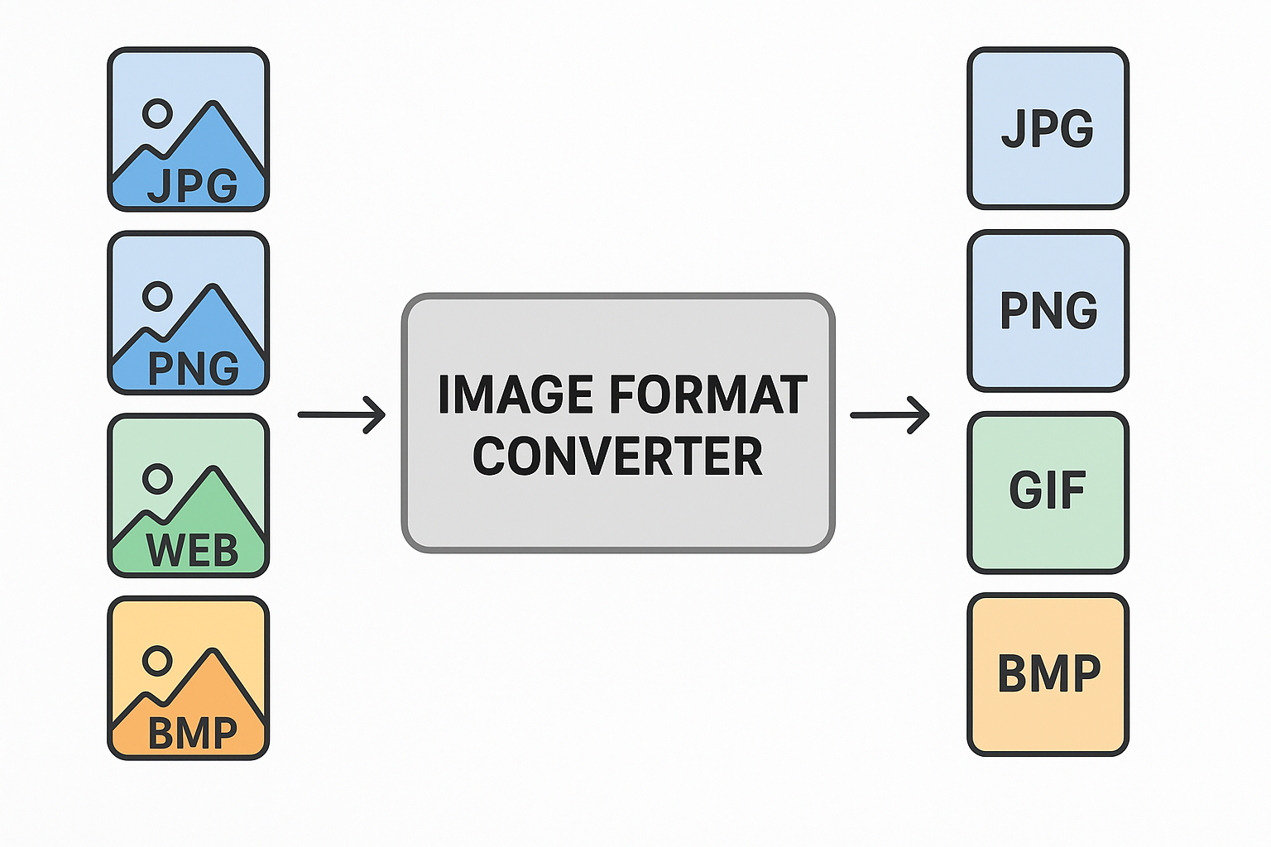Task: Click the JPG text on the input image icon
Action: tap(193, 185)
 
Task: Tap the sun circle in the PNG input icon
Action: tap(157, 296)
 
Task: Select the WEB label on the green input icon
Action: tap(192, 551)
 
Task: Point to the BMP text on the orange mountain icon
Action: tap(193, 733)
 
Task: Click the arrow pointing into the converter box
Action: tap(342, 414)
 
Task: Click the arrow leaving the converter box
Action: tap(890, 414)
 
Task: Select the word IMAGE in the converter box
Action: tap(516, 395)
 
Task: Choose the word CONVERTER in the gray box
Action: tap(617, 457)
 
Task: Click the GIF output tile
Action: tap(1048, 491)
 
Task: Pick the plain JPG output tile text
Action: tap(1048, 128)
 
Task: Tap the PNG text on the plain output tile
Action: tap(1048, 310)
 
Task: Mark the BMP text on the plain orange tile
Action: tap(1049, 673)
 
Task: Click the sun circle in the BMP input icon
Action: tap(157, 661)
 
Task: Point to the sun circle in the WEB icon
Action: tap(157, 478)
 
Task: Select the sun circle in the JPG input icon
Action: tap(157, 113)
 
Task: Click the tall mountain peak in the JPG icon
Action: tap(213, 108)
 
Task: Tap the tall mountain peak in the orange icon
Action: tap(213, 655)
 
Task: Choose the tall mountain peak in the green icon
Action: tap(213, 472)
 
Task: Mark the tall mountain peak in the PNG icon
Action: tap(213, 290)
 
